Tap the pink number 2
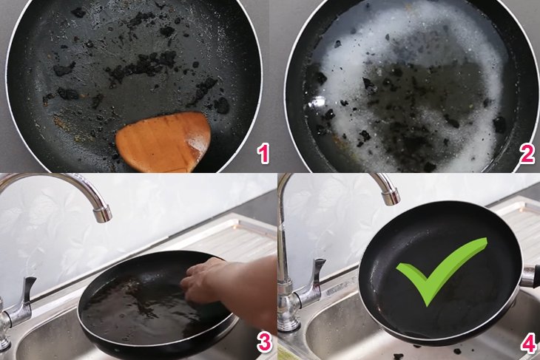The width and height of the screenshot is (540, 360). coord(527,154)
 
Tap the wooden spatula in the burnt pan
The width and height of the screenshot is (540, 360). coord(164,140)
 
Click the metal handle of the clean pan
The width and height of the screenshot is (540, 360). coord(530,276)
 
